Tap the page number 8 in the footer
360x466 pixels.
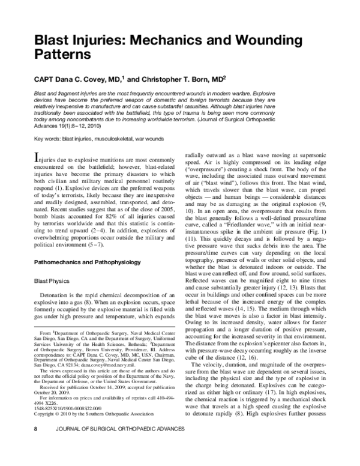pos(20,446)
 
